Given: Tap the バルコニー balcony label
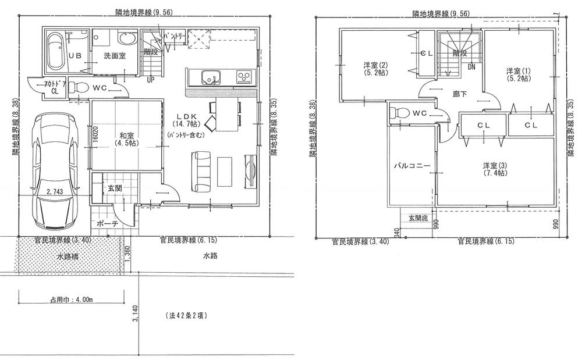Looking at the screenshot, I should coord(411,166).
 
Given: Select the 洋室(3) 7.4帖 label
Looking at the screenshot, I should coord(492,169).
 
